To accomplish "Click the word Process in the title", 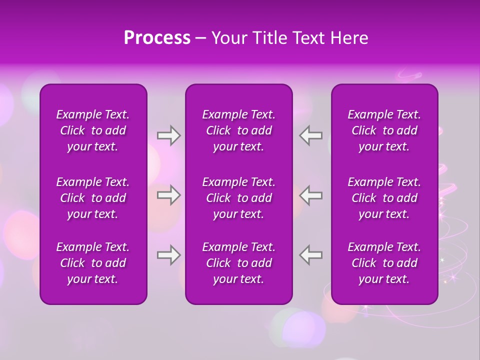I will click(x=157, y=38).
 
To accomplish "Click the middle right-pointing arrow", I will click(x=168, y=195).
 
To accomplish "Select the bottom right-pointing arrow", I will click(x=168, y=255).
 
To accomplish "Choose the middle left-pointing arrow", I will click(x=311, y=195).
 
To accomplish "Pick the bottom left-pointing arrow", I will click(x=311, y=255).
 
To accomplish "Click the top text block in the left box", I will click(x=93, y=130).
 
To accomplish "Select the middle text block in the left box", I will click(x=93, y=198).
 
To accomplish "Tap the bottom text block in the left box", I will click(x=93, y=263).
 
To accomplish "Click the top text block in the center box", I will click(x=239, y=130).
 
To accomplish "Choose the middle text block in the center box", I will click(x=239, y=198).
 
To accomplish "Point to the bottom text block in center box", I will click(x=239, y=263).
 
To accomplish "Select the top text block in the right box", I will click(x=384, y=130).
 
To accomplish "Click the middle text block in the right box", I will click(x=384, y=198).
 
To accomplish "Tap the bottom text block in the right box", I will click(x=384, y=263).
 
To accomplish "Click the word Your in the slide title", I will click(x=229, y=38).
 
